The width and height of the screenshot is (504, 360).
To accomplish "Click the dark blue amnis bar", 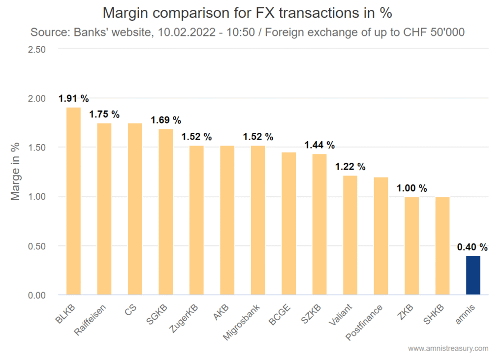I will tap(473, 275).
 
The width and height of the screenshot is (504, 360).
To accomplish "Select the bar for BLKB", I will tap(73, 201).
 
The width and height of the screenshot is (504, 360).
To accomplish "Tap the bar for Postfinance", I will tap(381, 236).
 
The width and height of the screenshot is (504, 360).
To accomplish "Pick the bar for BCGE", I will tap(289, 224).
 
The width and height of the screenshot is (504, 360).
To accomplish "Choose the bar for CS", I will tap(135, 209).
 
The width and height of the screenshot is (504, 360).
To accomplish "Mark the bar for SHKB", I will tap(442, 246).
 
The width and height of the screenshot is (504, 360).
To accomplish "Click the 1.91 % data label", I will tap(73, 98).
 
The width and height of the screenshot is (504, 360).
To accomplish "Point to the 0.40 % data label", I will tap(472, 247).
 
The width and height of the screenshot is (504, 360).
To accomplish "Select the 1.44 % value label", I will tap(319, 145).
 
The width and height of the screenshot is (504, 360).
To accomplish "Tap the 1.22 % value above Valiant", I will tap(350, 167).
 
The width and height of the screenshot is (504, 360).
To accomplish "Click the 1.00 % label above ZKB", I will tap(412, 188).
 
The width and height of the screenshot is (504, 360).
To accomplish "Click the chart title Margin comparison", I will tap(247, 12).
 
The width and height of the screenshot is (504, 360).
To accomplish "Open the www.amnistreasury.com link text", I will tap(448, 348).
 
